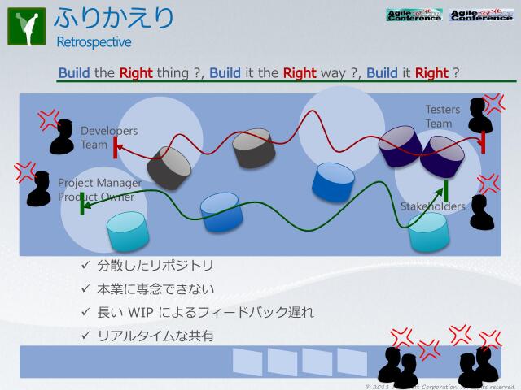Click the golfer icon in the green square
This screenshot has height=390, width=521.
coord(26,27)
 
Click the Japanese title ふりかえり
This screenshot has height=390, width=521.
coord(115,18)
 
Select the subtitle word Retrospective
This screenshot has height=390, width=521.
coord(93,41)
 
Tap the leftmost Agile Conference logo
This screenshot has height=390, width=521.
coord(414,14)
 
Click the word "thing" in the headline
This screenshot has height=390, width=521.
coord(174,72)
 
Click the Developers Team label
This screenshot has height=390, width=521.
coord(108,137)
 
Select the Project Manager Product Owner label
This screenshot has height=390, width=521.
coord(99,189)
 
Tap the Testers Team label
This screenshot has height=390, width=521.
coord(442,116)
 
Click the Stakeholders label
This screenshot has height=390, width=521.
coord(432,206)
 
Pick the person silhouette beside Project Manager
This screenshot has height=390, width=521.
coord(37,190)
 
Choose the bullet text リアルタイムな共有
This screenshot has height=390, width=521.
coord(155,335)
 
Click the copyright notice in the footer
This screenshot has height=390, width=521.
coord(440,385)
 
